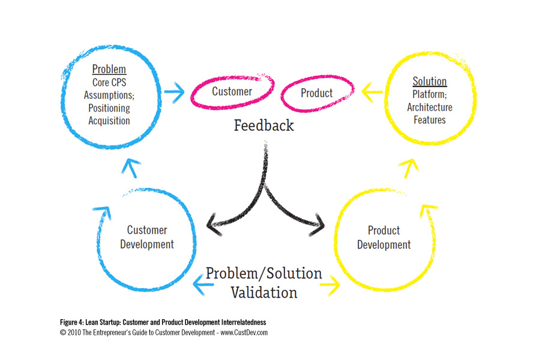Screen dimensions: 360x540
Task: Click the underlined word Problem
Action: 109,70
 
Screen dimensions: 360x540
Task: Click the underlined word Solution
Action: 430,81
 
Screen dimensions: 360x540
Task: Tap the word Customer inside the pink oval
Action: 232,92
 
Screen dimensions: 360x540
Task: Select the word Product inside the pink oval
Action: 316,93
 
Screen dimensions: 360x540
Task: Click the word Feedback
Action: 264,125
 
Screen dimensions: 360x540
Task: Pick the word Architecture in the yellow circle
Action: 430,107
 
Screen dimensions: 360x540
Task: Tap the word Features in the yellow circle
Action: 430,120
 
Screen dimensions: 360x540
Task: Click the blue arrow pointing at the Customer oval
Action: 173,93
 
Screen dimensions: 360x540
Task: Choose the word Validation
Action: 264,292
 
